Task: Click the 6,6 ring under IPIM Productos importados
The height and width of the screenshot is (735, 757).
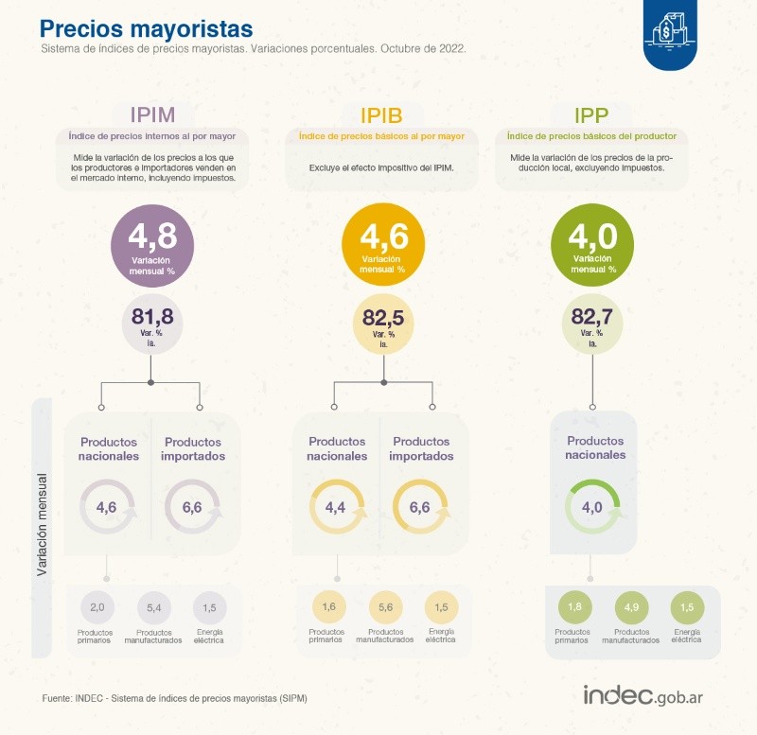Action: tap(192, 508)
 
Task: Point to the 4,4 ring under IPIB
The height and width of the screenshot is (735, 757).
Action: tap(335, 508)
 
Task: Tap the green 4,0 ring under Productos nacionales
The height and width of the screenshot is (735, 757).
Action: tap(592, 508)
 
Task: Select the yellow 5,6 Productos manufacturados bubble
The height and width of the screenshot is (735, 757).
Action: tap(384, 606)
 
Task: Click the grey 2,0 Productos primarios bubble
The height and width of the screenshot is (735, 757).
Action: tap(97, 606)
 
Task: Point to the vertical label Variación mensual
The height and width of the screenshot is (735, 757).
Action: tap(43, 526)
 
